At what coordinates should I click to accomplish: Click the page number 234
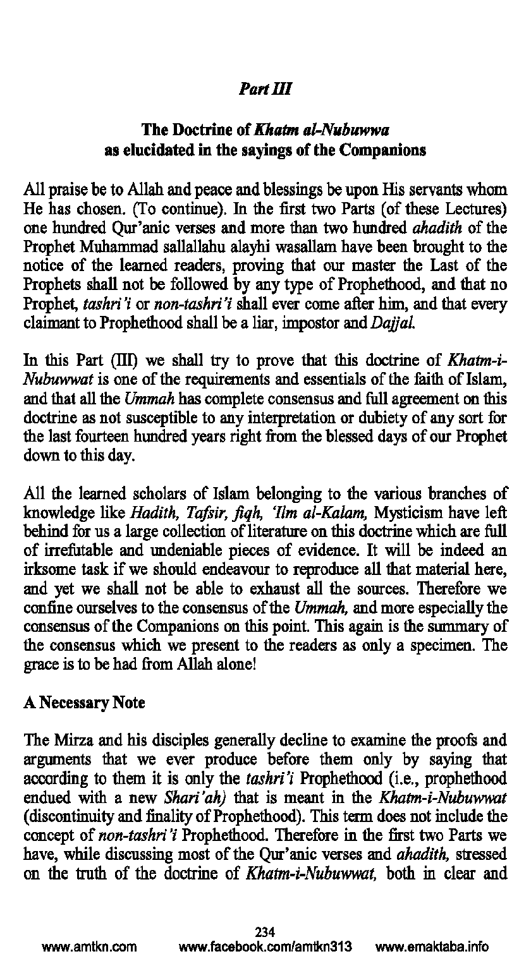265,932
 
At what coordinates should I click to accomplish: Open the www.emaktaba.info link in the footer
432,947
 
